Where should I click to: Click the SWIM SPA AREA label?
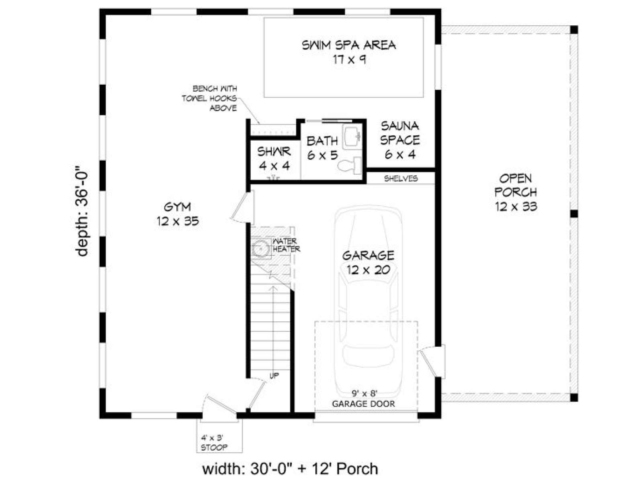348,52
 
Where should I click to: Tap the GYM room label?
178,214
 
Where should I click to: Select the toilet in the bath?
349,165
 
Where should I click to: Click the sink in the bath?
352,136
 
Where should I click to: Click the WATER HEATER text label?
286,245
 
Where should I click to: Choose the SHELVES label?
401,178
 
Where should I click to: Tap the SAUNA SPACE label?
400,140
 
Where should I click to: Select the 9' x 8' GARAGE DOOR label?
363,398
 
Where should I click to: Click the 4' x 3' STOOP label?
214,443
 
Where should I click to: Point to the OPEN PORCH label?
516,192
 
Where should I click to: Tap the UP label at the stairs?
274,376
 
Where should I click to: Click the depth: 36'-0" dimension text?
82,211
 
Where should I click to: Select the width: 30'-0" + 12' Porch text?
290,468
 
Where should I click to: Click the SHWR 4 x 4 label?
274,159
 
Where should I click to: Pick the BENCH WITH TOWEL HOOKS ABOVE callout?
209,98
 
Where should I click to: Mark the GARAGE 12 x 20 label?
368,262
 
